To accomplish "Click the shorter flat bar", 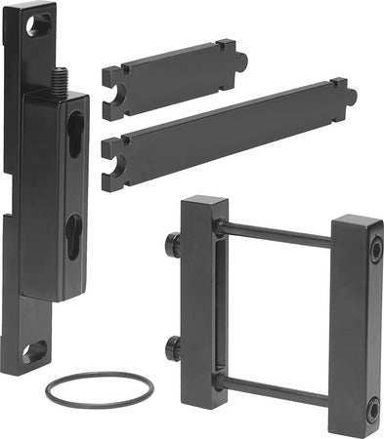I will click(x=171, y=67).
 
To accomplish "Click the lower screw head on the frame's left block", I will click(x=172, y=345).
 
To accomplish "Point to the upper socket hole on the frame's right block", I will click(x=374, y=252).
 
